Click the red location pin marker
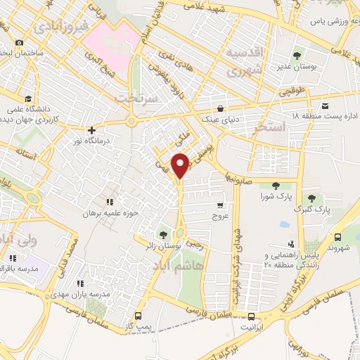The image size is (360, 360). click(181, 165)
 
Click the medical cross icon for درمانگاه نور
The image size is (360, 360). click(91, 130)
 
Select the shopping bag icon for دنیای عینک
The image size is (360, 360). click(221, 108)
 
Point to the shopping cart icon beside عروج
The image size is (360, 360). click(220, 205)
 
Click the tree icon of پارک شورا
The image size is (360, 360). click(276, 186)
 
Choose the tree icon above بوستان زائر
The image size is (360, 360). click(164, 234)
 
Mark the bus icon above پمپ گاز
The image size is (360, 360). click(138, 316)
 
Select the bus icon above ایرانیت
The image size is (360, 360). click(251, 315)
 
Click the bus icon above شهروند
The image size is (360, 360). click(339, 237)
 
